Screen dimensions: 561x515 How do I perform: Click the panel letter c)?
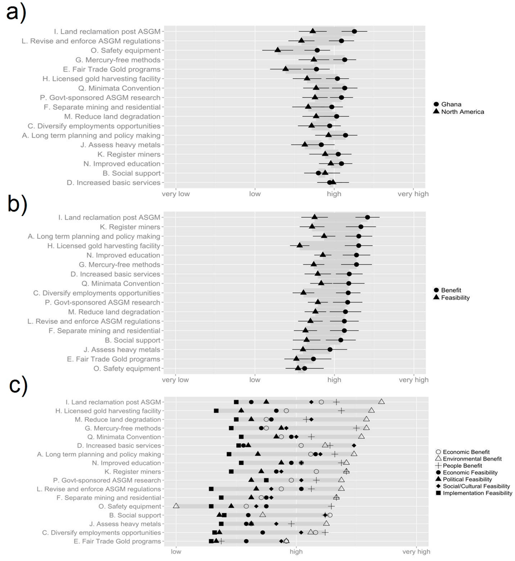click(x=19, y=387)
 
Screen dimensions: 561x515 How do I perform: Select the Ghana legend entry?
click(x=451, y=104)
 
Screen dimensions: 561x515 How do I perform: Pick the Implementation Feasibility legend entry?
click(x=471, y=493)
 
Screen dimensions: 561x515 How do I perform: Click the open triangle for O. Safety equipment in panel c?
click(x=176, y=506)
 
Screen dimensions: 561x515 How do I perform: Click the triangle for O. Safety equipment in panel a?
click(x=278, y=50)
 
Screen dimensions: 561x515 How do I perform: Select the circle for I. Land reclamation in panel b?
click(x=367, y=217)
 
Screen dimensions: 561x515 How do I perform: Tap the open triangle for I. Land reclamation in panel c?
click(x=382, y=401)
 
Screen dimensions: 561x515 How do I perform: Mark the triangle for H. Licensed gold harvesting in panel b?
click(x=300, y=245)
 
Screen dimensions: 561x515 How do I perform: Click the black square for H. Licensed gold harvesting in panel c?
click(x=216, y=411)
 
